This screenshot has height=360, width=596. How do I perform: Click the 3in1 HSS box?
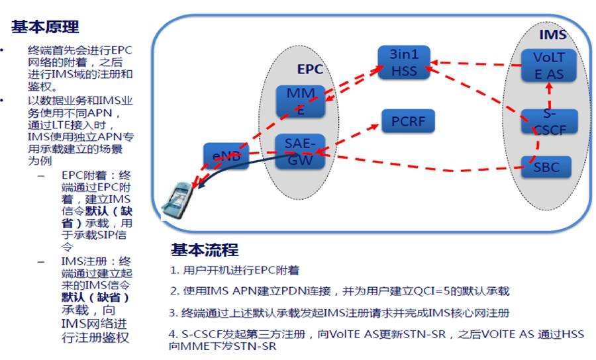404,62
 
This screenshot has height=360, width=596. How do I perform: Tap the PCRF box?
408,122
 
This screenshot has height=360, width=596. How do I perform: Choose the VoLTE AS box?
549,66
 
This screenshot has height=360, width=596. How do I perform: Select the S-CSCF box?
549,121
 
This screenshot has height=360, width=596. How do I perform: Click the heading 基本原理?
45,27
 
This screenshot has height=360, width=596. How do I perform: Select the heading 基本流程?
205,250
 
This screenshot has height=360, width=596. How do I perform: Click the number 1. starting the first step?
174,271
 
